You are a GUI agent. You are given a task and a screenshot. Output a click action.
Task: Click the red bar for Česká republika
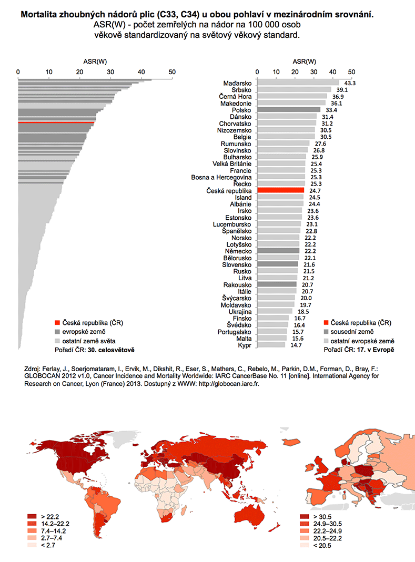click(281, 191)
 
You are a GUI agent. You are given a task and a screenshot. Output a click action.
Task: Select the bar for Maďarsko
click(298, 83)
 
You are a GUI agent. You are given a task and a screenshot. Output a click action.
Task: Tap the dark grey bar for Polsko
click(289, 110)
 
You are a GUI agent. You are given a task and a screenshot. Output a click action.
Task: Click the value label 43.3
click(350, 83)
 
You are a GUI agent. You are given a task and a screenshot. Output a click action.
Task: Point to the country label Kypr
click(245, 345)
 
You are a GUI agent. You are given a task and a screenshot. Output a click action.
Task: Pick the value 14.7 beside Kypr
click(296, 345)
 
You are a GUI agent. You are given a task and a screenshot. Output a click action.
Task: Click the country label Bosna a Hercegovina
click(221, 177)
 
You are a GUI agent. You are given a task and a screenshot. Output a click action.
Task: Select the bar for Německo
click(279, 251)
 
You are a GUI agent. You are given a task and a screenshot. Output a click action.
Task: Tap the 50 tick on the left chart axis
click(172, 72)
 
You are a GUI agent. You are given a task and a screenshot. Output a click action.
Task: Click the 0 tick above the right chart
click(257, 72)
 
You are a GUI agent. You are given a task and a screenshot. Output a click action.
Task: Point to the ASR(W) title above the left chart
click(95, 62)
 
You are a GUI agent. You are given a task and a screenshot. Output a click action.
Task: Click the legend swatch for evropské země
click(57, 332)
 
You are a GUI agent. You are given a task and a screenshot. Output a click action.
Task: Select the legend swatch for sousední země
click(326, 332)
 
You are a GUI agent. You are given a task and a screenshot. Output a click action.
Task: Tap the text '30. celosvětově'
click(111, 350)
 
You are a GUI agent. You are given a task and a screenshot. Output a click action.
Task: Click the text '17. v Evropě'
click(376, 350)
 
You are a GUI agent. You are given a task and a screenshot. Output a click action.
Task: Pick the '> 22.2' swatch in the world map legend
click(32, 516)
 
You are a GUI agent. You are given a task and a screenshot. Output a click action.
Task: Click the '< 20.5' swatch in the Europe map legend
click(305, 546)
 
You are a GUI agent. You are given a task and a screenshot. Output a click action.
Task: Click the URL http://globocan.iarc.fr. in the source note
click(229, 384)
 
